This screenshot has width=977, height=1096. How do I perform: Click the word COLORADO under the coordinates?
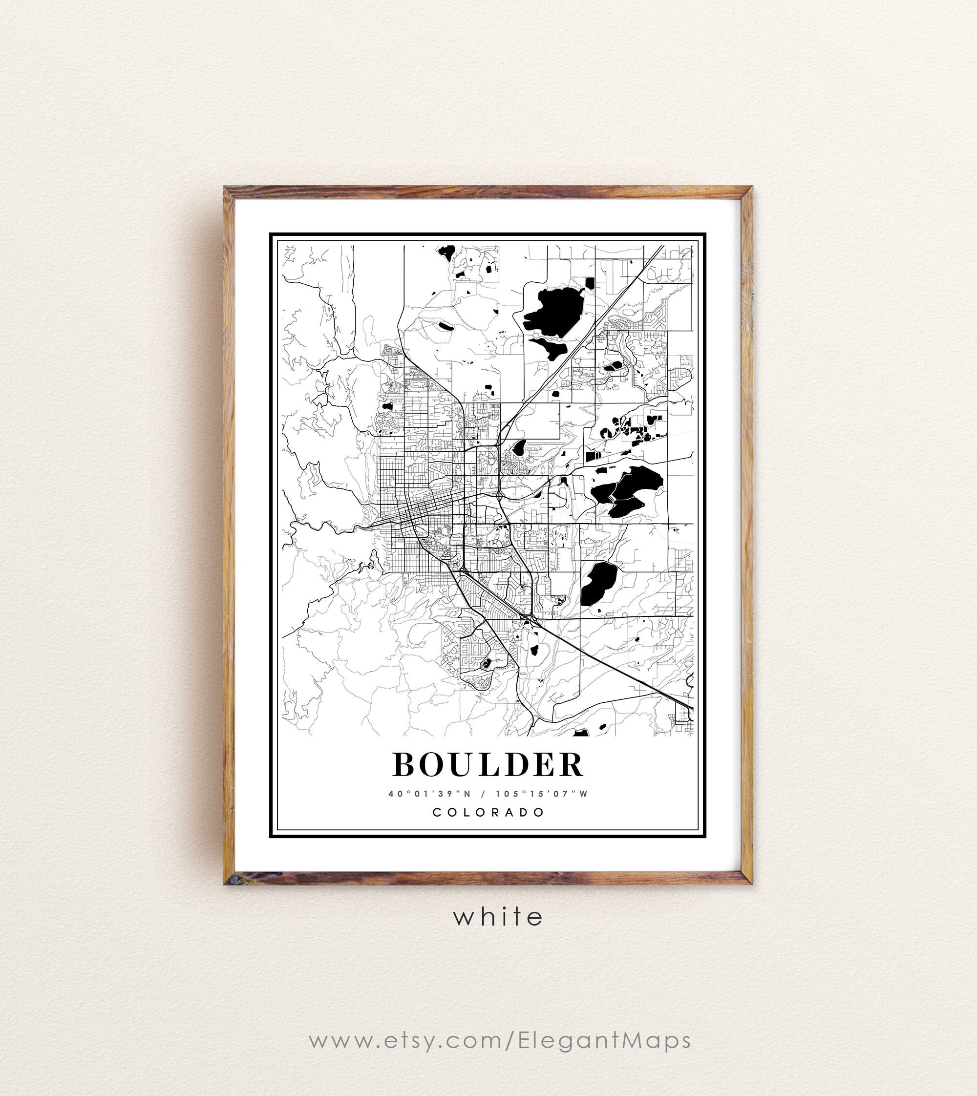(x=488, y=812)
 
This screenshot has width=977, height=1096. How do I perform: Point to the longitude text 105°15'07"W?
(x=542, y=794)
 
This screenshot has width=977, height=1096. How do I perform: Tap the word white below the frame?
(x=498, y=916)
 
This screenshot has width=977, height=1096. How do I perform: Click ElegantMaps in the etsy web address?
(x=604, y=1040)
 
